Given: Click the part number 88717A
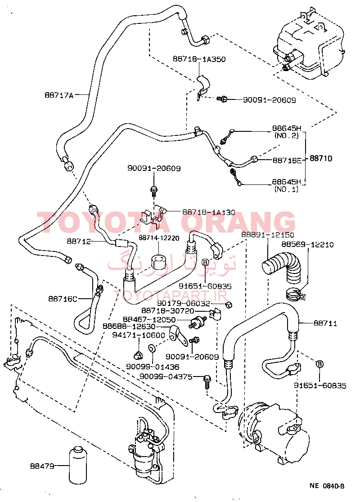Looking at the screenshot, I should pyautogui.click(x=58, y=95).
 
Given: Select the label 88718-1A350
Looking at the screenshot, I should pyautogui.click(x=199, y=59).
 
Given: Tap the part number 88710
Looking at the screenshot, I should pyautogui.click(x=321, y=159).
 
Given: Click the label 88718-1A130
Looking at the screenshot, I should pyautogui.click(x=209, y=211).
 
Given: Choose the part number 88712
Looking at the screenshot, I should pyautogui.click(x=80, y=242).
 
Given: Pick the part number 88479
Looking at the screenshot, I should pyautogui.click(x=42, y=466).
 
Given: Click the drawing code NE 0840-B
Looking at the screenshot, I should pyautogui.click(x=327, y=486).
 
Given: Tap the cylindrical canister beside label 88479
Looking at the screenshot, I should pyautogui.click(x=80, y=465).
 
